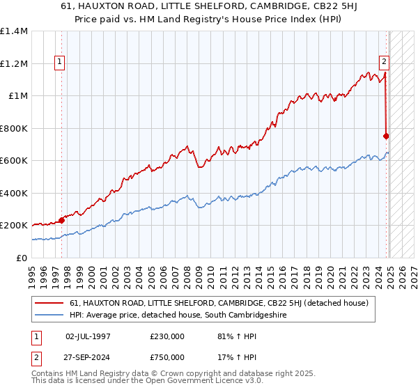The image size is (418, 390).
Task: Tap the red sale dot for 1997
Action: click(61, 221)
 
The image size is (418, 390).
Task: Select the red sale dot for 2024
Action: click(386, 136)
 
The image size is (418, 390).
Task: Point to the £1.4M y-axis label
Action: click(14, 31)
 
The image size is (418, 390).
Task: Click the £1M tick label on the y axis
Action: click(17, 96)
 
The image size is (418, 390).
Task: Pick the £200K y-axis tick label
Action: click(14, 226)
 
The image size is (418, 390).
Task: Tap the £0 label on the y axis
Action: click(22, 258)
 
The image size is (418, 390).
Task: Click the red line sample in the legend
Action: click(49, 303)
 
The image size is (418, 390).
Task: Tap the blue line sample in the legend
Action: click(49, 315)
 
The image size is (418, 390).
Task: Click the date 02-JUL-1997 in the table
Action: click(88, 336)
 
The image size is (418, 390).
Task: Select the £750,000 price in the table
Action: click(167, 357)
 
